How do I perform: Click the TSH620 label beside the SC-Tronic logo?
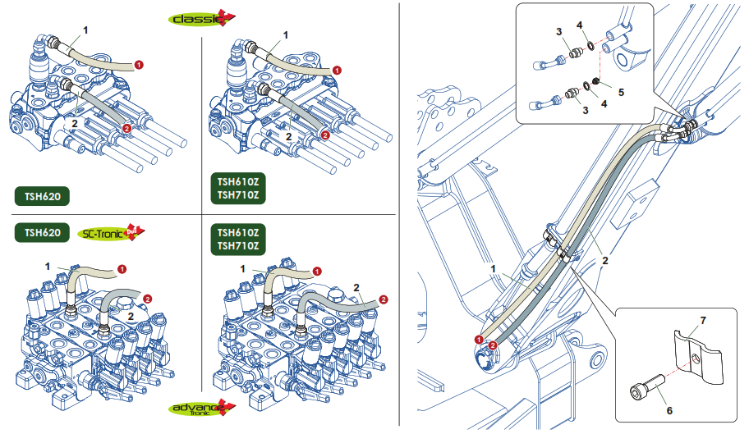pyautogui.click(x=42, y=233)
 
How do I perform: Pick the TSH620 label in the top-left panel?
pyautogui.click(x=42, y=196)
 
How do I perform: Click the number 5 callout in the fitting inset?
pyautogui.click(x=621, y=92)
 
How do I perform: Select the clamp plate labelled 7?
pyautogui.click(x=696, y=354)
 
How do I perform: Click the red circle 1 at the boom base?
pyautogui.click(x=479, y=339)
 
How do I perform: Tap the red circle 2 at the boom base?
pyautogui.click(x=492, y=345)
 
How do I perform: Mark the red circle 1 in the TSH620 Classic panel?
pyautogui.click(x=139, y=63)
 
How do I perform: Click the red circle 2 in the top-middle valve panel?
pyautogui.click(x=325, y=135)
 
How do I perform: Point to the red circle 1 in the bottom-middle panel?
pyautogui.click(x=319, y=268)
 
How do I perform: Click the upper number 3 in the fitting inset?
pyautogui.click(x=558, y=31)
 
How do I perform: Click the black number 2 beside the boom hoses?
pyautogui.click(x=605, y=260)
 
